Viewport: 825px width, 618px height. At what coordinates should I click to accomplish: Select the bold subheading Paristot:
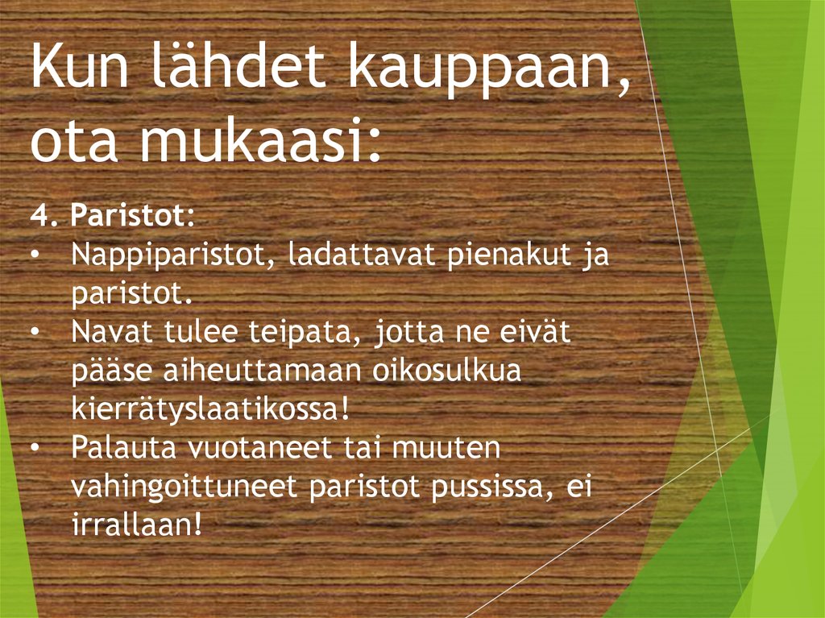pyautogui.click(x=132, y=216)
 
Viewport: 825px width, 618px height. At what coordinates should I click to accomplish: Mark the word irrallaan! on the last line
pyautogui.click(x=135, y=525)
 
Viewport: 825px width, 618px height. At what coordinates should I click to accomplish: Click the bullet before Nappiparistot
pyautogui.click(x=38, y=256)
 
